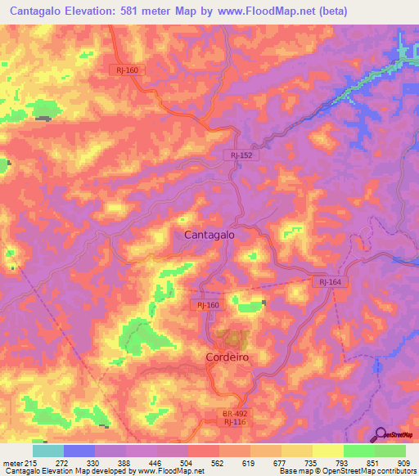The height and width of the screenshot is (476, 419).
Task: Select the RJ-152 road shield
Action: tap(240, 153)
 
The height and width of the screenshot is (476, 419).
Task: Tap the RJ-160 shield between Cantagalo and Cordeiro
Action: tap(207, 304)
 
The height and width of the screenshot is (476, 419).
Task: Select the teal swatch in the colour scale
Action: tap(47, 451)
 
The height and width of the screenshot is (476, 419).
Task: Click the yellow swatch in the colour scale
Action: tap(327, 451)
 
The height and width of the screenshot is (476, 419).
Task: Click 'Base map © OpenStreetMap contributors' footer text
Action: tap(346, 471)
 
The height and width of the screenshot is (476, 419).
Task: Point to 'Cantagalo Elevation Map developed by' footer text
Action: tap(68, 471)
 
